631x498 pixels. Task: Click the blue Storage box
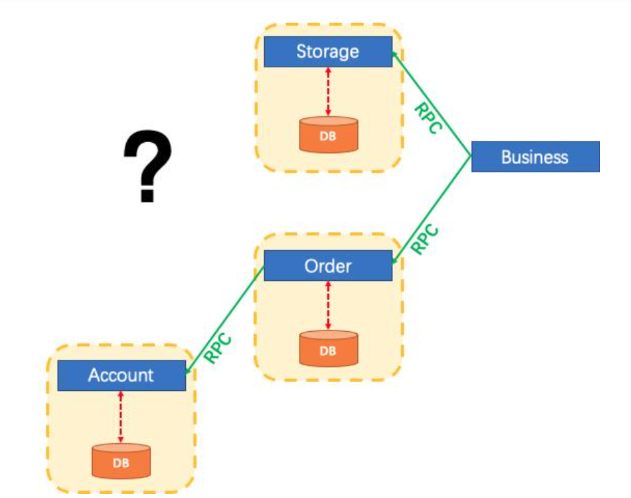pyautogui.click(x=328, y=52)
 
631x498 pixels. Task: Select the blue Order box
pyautogui.click(x=328, y=266)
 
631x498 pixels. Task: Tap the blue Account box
pyautogui.click(x=121, y=375)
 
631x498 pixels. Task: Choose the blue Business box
pyautogui.click(x=535, y=157)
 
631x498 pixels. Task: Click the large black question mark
pyautogui.click(x=147, y=168)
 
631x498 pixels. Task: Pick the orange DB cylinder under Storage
pyautogui.click(x=328, y=135)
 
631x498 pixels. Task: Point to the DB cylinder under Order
pyautogui.click(x=328, y=349)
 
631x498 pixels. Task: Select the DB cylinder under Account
pyautogui.click(x=121, y=461)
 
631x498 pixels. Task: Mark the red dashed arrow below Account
pyautogui.click(x=121, y=417)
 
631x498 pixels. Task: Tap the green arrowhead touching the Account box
pyautogui.click(x=189, y=371)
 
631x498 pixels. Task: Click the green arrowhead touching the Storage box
pyautogui.click(x=394, y=54)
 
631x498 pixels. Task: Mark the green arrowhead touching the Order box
pyautogui.click(x=395, y=260)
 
